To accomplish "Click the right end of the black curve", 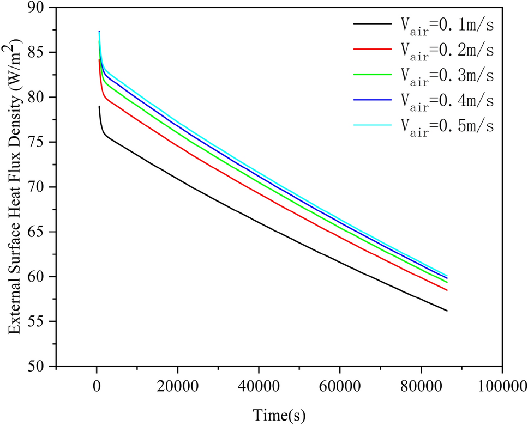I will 447,311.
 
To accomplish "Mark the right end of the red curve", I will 447,290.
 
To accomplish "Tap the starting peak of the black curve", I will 99,107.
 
